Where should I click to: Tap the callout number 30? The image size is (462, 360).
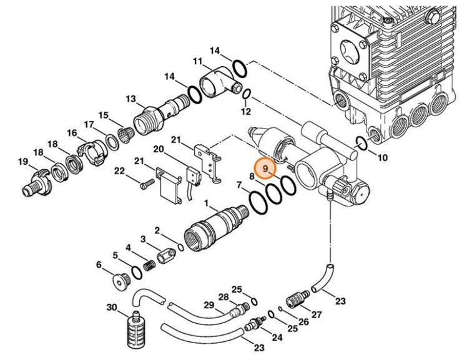112,308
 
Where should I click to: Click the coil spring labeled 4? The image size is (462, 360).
148,265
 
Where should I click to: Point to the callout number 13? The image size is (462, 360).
131,99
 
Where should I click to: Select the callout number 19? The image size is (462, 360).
23,163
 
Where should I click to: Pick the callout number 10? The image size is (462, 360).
383,157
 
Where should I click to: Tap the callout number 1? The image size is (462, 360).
207,204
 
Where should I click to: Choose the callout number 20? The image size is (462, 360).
158,150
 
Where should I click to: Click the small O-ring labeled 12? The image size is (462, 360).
247,95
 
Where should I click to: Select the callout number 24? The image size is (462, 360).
277,338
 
